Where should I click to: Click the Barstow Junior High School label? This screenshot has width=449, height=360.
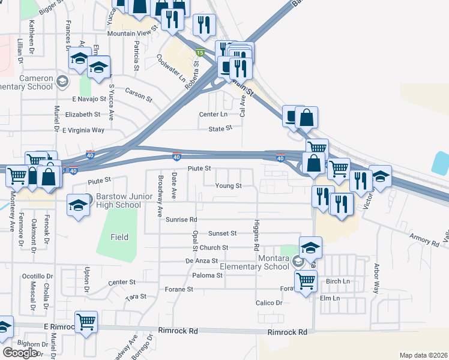[x=118, y=200]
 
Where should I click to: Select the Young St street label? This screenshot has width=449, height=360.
[x=229, y=186]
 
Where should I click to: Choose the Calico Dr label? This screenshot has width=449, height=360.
[x=268, y=303]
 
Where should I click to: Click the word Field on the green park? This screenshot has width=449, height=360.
[x=119, y=237]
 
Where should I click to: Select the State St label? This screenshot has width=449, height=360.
[x=220, y=129]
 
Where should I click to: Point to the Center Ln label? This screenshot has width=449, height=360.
[x=213, y=114]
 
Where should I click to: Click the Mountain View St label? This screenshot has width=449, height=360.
[x=132, y=34]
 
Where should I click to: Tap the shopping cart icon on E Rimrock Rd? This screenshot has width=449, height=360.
[x=86, y=322]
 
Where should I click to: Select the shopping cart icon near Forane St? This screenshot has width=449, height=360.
[x=306, y=280]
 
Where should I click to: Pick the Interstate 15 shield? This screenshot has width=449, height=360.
[x=200, y=53]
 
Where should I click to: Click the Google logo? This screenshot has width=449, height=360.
[x=20, y=352]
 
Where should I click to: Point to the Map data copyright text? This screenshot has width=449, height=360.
[x=424, y=355]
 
